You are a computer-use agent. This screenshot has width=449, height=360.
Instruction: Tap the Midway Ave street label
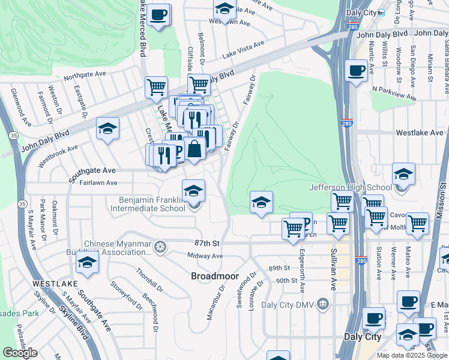click(205, 256)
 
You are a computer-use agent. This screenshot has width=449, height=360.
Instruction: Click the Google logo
click(20, 353)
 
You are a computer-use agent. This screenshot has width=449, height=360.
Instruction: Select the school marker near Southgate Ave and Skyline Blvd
click(87, 262)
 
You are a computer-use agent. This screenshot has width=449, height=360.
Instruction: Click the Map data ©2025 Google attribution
click(412, 355)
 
